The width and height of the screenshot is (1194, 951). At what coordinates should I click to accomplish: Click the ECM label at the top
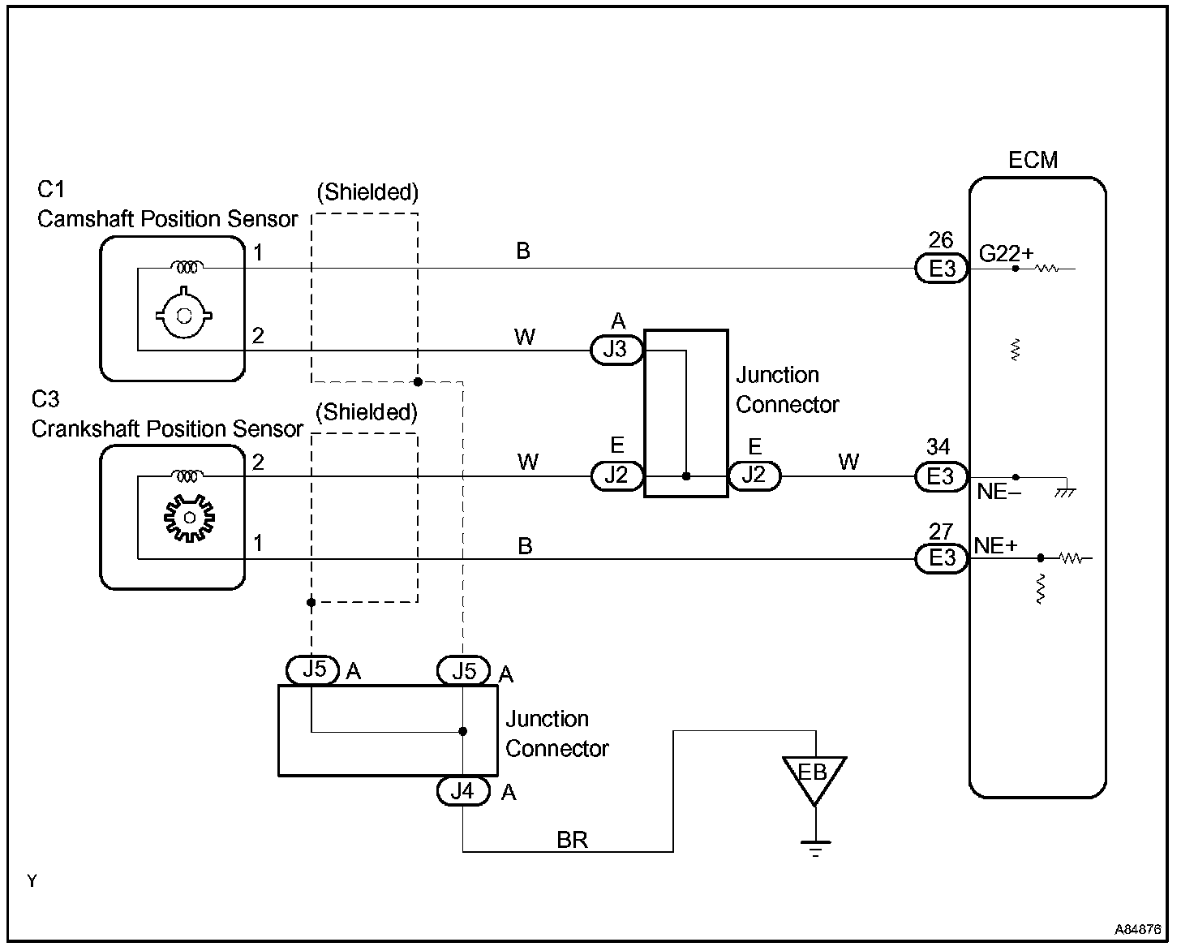pos(1033,160)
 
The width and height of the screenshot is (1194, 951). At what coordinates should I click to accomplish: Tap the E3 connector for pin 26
pos(942,269)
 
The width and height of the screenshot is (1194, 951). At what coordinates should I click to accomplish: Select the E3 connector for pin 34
pos(942,476)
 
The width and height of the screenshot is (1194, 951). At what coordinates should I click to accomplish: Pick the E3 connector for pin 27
pos(942,558)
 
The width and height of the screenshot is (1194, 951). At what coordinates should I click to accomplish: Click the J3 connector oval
pos(616,350)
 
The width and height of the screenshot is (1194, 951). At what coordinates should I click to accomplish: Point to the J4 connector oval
pos(463,791)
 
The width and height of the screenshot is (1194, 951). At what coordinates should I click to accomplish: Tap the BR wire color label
pos(572,840)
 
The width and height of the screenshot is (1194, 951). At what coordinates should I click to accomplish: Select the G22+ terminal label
pos(1006,254)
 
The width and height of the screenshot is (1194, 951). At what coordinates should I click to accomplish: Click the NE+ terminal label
pos(996,546)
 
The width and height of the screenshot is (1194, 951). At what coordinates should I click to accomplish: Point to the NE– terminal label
pos(999,492)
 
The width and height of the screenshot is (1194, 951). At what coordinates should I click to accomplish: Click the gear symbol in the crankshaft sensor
pos(189,518)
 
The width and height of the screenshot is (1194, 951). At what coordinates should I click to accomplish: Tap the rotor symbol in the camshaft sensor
pos(183,312)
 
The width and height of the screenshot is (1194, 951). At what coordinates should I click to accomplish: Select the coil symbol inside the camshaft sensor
pos(187,268)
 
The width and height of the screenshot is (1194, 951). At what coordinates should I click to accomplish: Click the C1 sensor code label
pos(51,190)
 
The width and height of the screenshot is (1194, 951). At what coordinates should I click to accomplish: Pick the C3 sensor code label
pos(45,399)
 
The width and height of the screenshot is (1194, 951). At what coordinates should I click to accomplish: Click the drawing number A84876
pos(1137,929)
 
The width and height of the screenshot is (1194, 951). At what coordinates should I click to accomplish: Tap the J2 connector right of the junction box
pos(754,475)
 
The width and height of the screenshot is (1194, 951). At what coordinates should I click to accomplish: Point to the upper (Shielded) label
pos(367,192)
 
